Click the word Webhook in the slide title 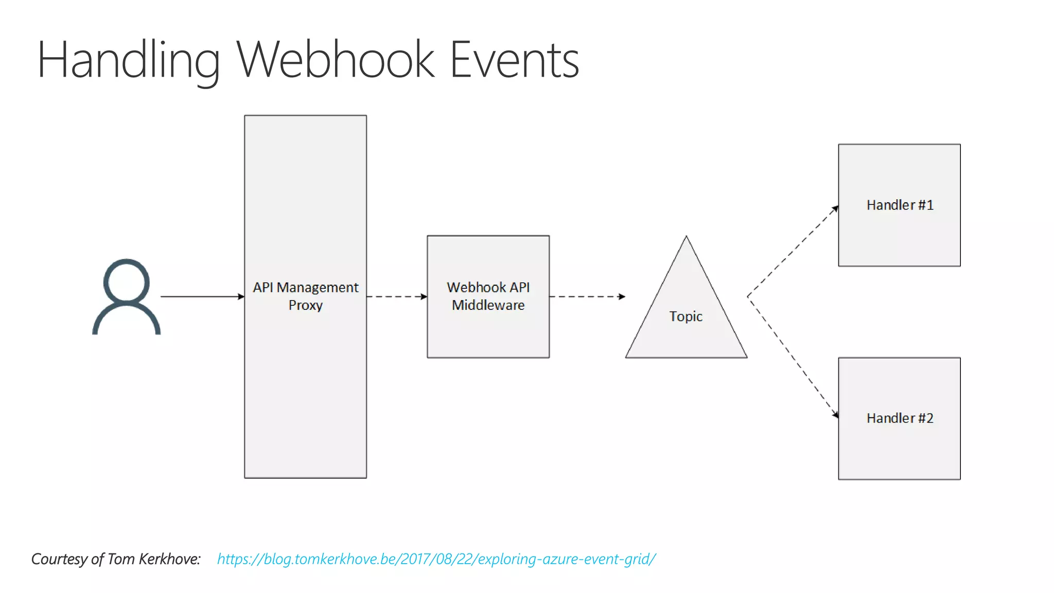coord(336,61)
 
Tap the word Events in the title coord(514,61)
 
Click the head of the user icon coord(126,282)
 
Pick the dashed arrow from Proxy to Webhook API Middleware coord(396,296)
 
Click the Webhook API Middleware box coord(488,329)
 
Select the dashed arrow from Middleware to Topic coord(587,296)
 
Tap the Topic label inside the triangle coord(686,316)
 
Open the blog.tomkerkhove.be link coord(436,559)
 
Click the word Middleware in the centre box coord(488,305)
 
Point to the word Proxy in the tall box coord(305,305)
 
